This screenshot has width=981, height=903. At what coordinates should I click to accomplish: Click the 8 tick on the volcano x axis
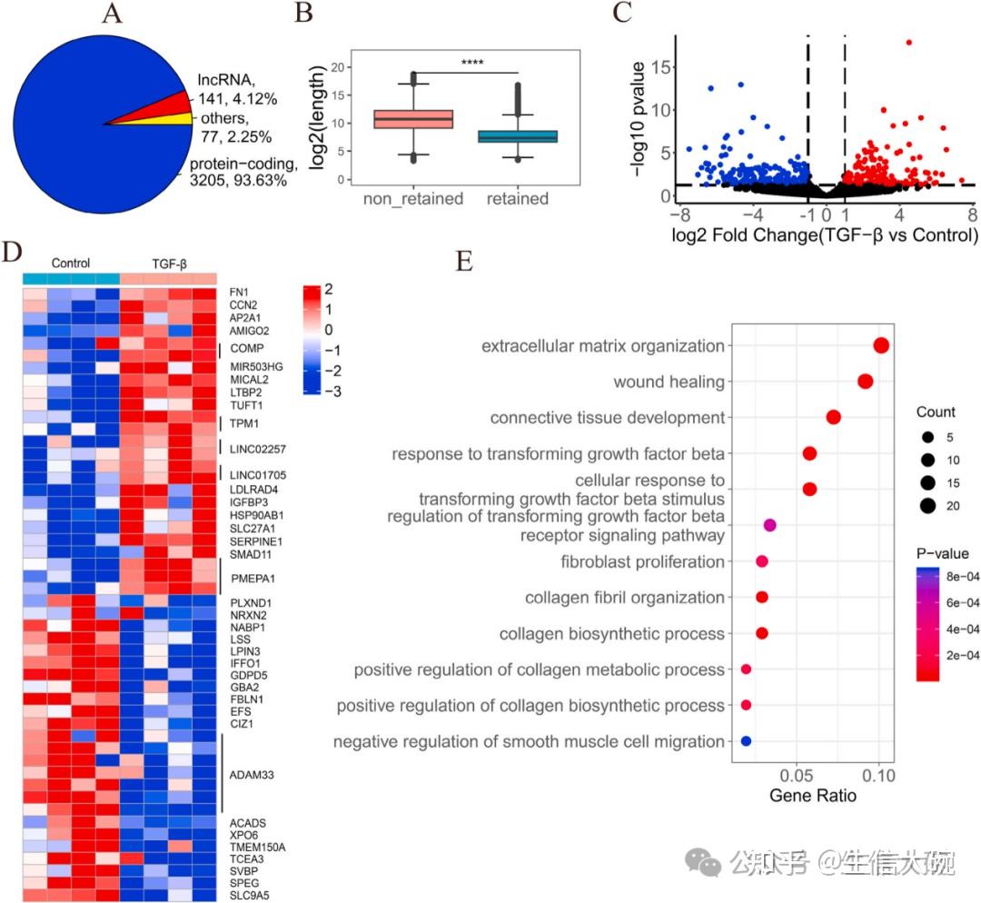971,214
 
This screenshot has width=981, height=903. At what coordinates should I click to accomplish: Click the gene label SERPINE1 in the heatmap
253,540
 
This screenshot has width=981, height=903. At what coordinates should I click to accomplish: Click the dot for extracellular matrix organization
880,345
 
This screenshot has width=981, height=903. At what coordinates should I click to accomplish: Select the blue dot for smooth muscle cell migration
746,741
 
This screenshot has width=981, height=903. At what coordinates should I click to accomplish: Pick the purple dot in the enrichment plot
770,525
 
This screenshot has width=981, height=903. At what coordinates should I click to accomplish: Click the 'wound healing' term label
669,382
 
